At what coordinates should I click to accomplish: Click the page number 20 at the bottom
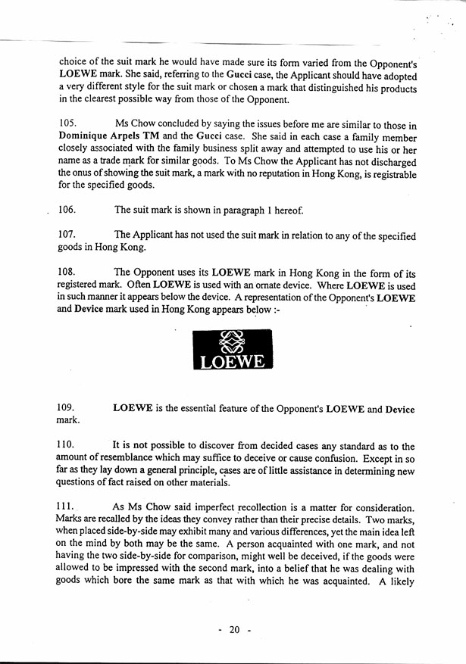(x=234, y=629)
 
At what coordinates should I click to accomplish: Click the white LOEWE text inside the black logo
(x=232, y=363)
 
